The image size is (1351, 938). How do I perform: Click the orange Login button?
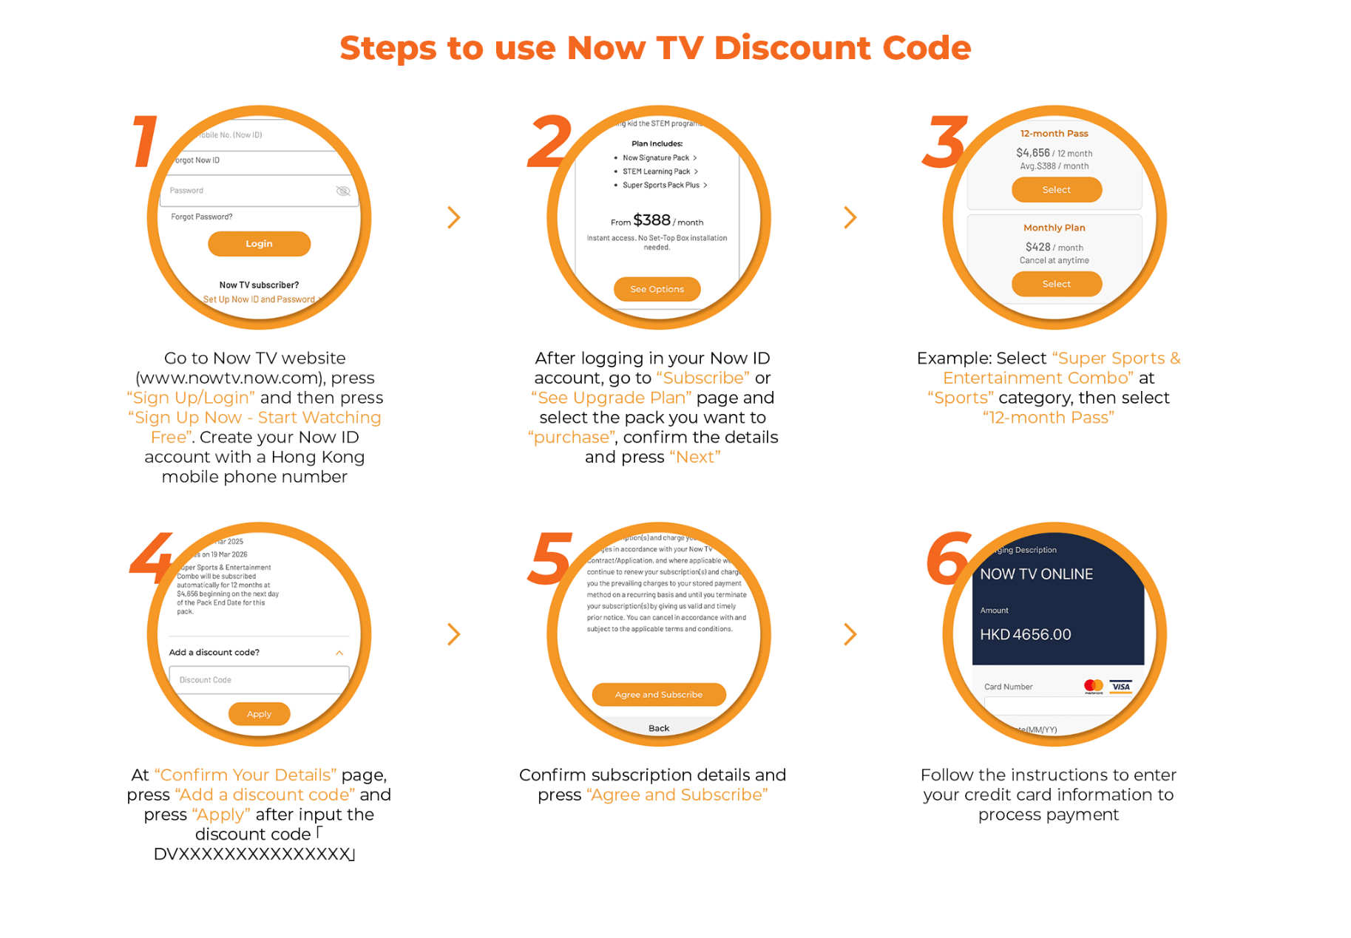click(259, 244)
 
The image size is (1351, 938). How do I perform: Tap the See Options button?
click(657, 289)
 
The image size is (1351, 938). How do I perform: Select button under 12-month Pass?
click(1056, 190)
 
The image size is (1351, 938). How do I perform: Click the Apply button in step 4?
click(259, 714)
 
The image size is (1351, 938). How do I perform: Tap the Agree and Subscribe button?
click(658, 695)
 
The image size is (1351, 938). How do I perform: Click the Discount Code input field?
click(259, 680)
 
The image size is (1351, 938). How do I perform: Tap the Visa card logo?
click(1121, 687)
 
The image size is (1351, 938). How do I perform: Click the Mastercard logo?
click(1093, 687)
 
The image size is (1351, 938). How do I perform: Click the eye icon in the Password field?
click(343, 191)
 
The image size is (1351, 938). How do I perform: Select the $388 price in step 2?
click(651, 220)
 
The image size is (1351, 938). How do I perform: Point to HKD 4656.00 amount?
click(1025, 635)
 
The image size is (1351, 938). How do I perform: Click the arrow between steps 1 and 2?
click(454, 217)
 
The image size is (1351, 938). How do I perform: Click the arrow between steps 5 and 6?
click(850, 634)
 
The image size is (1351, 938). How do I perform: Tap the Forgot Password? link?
click(201, 217)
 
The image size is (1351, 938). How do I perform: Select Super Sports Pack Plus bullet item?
click(661, 186)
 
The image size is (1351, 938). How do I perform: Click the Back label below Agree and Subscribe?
click(658, 729)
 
